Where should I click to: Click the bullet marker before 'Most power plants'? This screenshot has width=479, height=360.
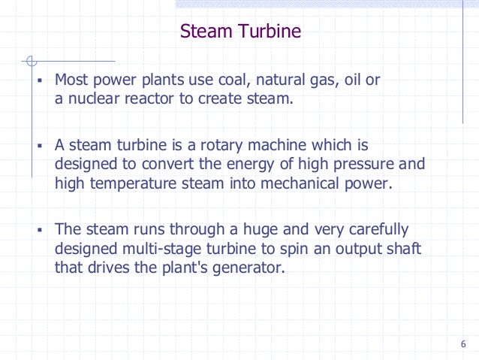tap(40, 80)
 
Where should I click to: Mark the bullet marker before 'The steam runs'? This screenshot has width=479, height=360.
tap(40, 229)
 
